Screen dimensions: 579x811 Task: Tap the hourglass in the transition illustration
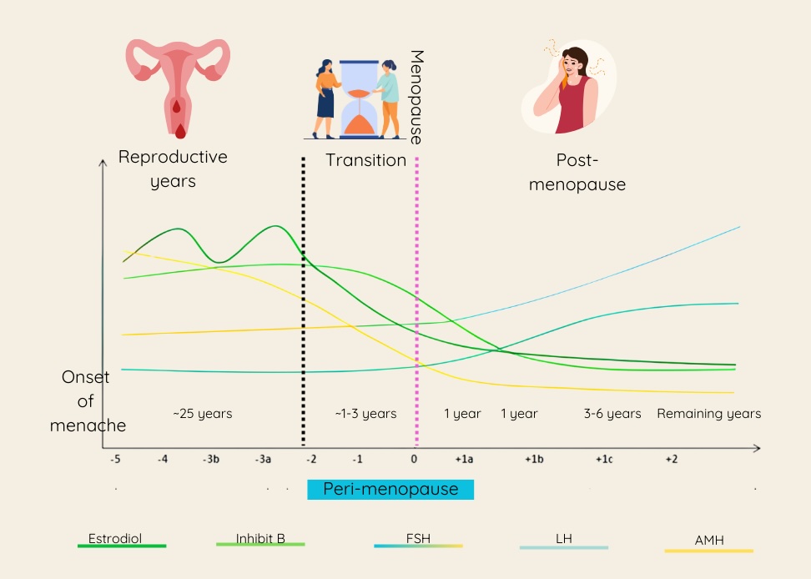[x=360, y=98]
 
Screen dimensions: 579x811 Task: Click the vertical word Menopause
[x=416, y=96]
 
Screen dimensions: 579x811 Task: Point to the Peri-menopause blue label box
[x=390, y=490]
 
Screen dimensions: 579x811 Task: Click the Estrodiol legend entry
[x=115, y=539]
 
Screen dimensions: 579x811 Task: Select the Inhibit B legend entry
[x=259, y=539]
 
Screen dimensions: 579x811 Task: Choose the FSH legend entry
[x=418, y=539]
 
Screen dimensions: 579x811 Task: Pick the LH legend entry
[x=564, y=539]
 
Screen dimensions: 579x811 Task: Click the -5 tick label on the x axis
[x=115, y=459]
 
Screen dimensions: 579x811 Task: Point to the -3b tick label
[x=210, y=459]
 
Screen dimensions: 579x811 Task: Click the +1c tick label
[x=603, y=459]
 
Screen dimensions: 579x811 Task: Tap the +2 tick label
[x=671, y=459]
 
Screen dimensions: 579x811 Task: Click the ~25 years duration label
[x=202, y=414]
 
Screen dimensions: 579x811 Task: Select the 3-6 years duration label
[x=612, y=414]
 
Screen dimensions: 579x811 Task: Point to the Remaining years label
[x=708, y=414]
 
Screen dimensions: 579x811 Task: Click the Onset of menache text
[x=87, y=401]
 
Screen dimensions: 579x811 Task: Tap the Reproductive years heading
[x=173, y=169]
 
